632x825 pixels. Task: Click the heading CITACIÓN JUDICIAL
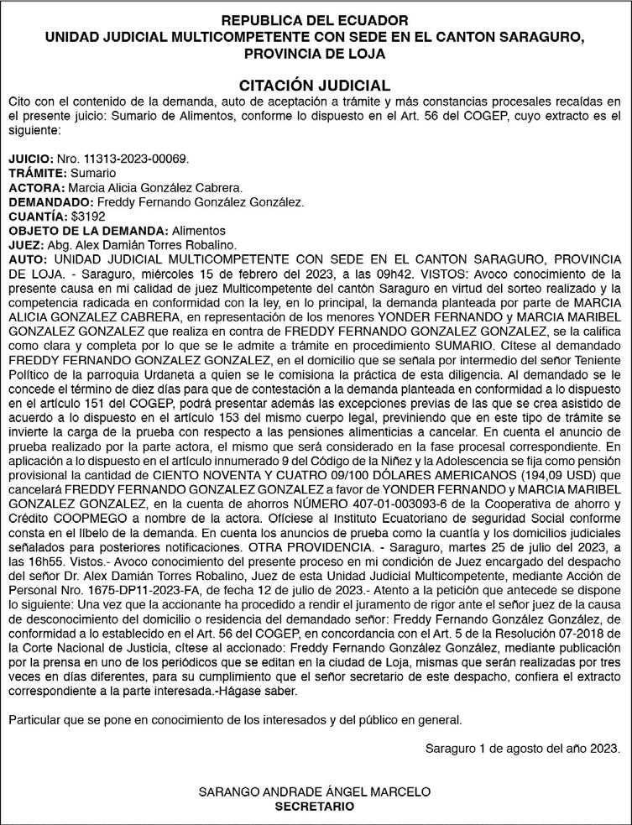[x=315, y=86]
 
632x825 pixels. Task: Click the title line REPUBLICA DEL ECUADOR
[x=315, y=19]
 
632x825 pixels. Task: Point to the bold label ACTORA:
[x=36, y=187]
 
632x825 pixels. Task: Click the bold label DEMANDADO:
[x=51, y=201]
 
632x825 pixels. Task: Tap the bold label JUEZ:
[x=24, y=244]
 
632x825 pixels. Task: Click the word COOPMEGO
[x=84, y=517]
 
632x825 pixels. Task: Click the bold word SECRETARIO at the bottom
[x=315, y=806]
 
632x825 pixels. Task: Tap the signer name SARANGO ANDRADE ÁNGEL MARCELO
[x=315, y=791]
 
